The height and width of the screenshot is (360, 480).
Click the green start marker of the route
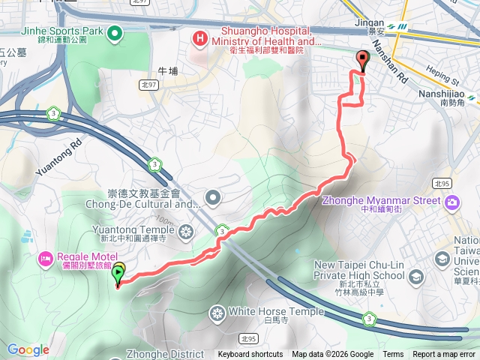click(118, 276)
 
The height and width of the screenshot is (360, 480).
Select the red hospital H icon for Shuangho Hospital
click(199, 37)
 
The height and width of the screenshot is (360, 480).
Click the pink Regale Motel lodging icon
click(43, 259)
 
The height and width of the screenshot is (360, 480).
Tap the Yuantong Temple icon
click(185, 230)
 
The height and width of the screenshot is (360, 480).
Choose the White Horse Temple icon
click(217, 312)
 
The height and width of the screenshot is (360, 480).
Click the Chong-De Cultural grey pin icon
click(214, 198)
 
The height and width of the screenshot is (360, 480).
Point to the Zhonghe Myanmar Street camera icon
click(452, 202)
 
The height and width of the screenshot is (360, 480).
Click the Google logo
click(28, 349)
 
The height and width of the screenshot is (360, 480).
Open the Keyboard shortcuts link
click(250, 355)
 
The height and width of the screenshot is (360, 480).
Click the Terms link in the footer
click(393, 355)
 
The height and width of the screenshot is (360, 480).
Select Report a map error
click(445, 355)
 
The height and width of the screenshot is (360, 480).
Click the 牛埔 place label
click(168, 71)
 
